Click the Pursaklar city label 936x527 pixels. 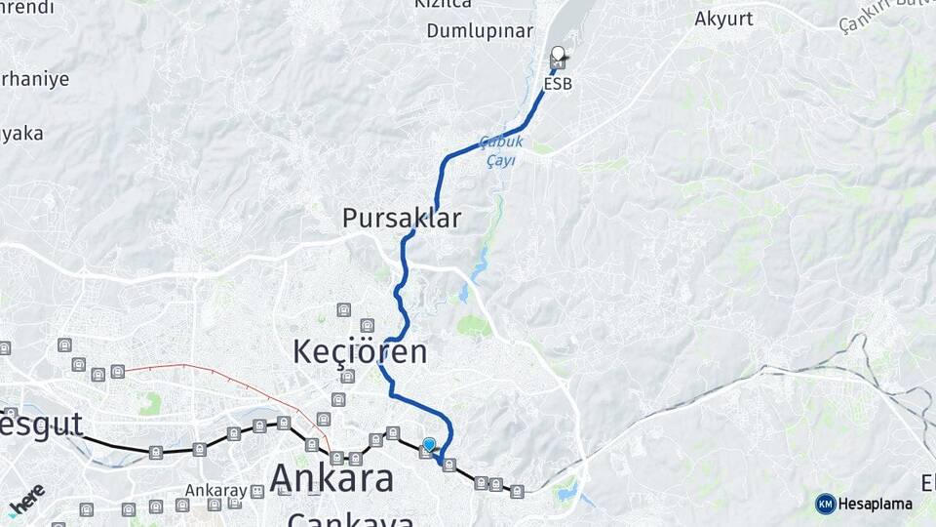point(402,218)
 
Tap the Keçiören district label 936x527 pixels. point(360,351)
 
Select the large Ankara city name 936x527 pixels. point(331,478)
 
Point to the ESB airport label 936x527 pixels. point(558,84)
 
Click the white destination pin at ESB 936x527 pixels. point(558,55)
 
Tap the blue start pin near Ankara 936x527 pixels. point(429,445)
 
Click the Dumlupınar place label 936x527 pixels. point(479,30)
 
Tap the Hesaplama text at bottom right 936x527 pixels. point(876,504)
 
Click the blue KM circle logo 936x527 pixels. point(826,504)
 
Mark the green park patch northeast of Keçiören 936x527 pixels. point(474,325)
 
